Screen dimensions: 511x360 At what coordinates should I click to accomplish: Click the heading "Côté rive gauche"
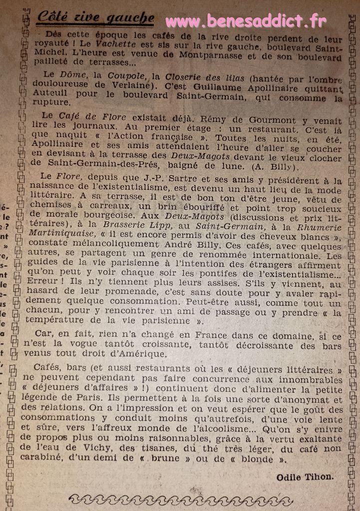(x=95, y=18)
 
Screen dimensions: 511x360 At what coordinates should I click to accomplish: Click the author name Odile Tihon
(x=305, y=477)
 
